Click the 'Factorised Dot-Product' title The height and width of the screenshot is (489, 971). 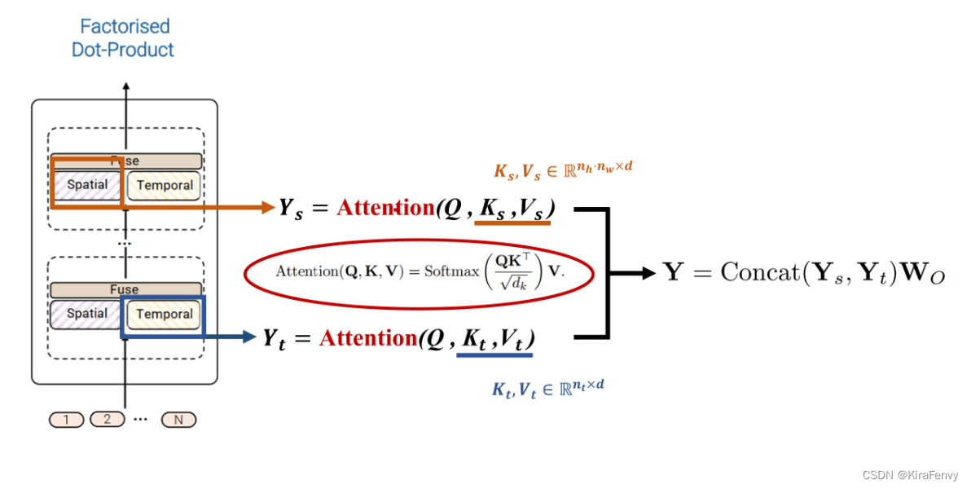click(x=123, y=38)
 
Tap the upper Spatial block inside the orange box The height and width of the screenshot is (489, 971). click(x=87, y=184)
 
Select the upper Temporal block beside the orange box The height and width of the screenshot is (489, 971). click(x=165, y=185)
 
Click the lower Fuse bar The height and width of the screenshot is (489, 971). click(x=125, y=289)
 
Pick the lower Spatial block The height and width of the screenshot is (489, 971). click(x=87, y=314)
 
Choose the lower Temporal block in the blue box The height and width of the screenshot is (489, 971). click(x=165, y=315)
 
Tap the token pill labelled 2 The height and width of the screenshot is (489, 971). click(x=107, y=420)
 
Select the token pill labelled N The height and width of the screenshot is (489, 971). click(x=178, y=420)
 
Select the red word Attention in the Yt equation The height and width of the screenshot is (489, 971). click(x=368, y=337)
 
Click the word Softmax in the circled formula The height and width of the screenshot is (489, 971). click(x=450, y=271)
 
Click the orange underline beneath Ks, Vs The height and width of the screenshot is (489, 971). click(x=513, y=222)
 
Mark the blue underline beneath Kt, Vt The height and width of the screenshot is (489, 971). click(x=495, y=354)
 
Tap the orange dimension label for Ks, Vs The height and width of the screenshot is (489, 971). click(x=563, y=170)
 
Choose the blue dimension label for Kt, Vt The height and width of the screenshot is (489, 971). click(x=547, y=389)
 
